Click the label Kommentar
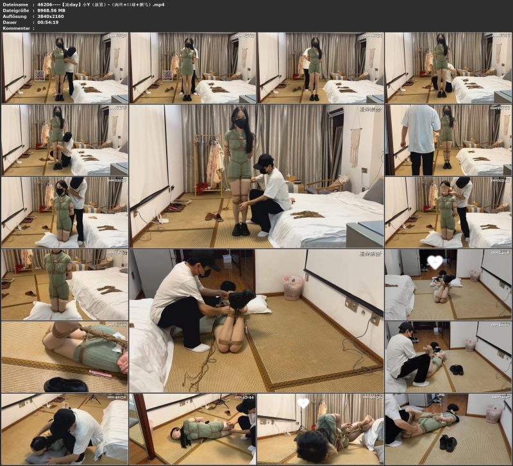17,28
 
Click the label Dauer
11,22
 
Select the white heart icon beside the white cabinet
435,262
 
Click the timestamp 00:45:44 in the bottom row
245,397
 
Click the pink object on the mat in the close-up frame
99,373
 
